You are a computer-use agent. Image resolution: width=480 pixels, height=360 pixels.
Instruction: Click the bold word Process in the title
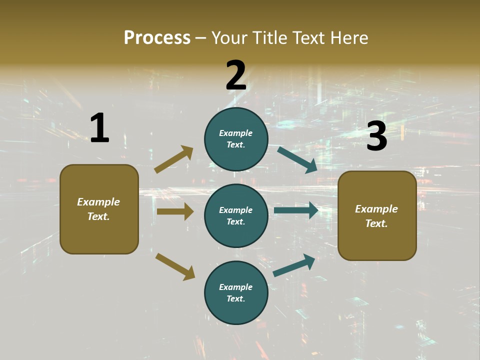157,37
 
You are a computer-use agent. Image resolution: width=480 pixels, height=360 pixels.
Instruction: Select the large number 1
99,128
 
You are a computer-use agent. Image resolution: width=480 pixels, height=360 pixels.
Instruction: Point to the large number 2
236,75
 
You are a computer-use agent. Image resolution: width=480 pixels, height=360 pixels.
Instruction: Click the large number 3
376,136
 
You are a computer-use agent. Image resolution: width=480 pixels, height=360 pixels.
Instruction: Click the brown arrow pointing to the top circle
174,159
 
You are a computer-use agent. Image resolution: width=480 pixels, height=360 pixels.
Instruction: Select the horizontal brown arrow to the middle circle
175,211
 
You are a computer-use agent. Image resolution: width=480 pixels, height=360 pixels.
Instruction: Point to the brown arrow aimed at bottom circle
175,266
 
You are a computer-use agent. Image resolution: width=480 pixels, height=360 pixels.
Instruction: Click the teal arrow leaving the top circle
297,159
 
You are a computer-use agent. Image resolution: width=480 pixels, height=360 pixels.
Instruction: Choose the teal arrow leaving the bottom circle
294,265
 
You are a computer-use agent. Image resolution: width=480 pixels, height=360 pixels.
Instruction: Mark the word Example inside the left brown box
98,202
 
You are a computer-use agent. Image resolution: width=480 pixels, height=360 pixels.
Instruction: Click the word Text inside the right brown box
376,223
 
